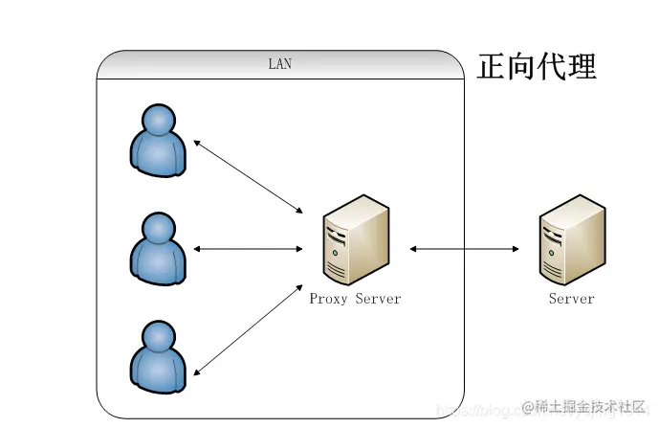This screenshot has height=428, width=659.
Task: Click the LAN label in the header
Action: (279, 65)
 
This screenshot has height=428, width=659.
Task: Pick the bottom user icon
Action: (158, 356)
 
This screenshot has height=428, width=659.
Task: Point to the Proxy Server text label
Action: (355, 299)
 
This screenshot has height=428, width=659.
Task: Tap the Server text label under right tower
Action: (571, 299)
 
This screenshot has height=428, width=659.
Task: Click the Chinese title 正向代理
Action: (537, 66)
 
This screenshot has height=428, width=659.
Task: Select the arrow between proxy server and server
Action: (465, 249)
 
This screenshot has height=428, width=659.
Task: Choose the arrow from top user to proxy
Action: (248, 176)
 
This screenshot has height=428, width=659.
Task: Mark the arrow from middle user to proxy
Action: (248, 249)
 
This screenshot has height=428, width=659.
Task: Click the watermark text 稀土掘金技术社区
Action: (590, 404)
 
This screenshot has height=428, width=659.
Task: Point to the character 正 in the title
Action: (492, 66)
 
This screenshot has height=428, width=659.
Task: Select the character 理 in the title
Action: (582, 66)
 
